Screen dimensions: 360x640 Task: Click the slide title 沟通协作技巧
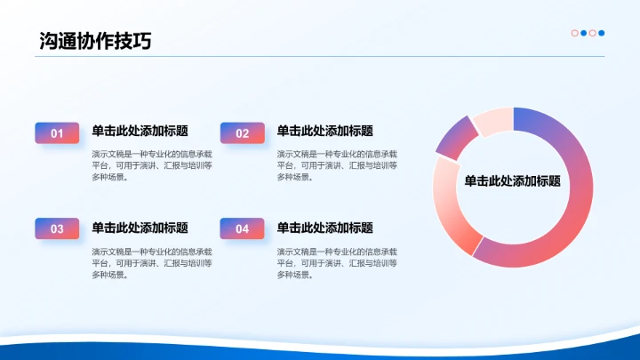(95, 40)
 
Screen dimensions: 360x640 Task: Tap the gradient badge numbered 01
(57, 133)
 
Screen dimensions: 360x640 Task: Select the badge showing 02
(243, 133)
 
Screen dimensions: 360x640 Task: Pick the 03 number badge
(57, 228)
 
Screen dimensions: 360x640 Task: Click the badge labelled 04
(243, 228)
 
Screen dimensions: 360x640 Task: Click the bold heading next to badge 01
(140, 131)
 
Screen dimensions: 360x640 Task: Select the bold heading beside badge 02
(325, 131)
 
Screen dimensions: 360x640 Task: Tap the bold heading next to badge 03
(140, 228)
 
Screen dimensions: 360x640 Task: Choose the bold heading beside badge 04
(325, 228)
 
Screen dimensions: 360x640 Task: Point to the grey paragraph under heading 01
(152, 164)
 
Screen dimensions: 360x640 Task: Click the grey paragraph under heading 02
(337, 164)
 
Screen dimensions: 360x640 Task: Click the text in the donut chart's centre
(513, 180)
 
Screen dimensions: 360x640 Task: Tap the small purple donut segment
(455, 137)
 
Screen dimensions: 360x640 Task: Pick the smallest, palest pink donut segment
(492, 121)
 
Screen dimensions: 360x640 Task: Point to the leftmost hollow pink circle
(575, 33)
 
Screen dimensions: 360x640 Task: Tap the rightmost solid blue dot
(602, 33)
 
